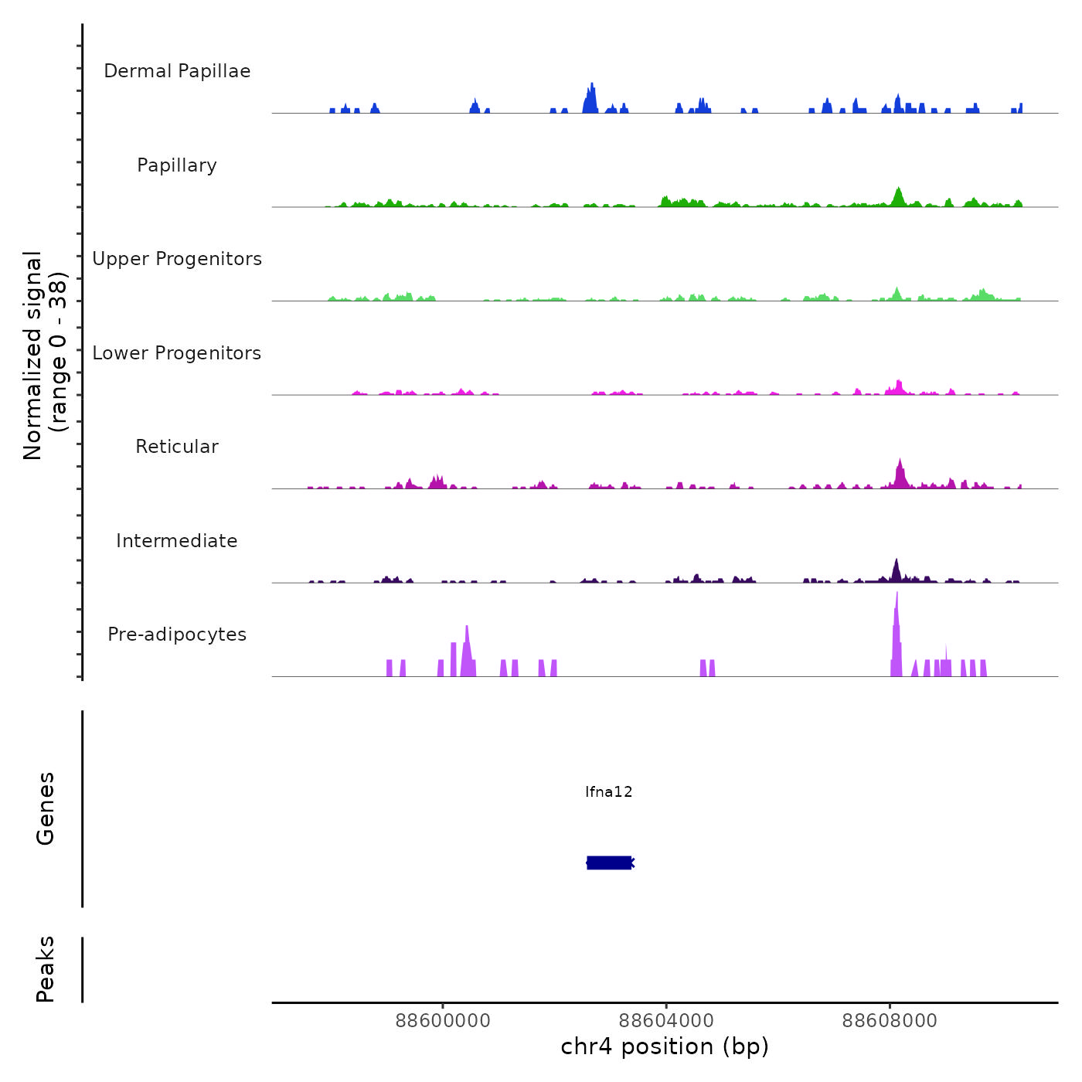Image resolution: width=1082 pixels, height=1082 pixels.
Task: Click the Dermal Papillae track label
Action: (177, 71)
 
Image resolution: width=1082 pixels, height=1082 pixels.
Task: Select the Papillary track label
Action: (177, 165)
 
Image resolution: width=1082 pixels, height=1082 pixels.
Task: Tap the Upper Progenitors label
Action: (177, 259)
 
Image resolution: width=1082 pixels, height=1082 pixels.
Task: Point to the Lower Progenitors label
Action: (177, 353)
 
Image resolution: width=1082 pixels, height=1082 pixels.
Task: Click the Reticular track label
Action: (177, 447)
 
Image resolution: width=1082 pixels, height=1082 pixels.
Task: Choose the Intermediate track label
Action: (177, 541)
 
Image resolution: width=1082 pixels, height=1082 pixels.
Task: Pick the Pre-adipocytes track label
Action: (177, 635)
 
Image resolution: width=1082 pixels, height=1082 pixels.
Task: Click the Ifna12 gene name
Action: (609, 791)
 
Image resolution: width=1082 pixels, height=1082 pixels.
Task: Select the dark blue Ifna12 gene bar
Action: (610, 863)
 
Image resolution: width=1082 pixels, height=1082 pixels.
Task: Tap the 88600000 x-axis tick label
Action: (443, 1021)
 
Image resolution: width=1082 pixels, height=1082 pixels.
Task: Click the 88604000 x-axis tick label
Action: (666, 1021)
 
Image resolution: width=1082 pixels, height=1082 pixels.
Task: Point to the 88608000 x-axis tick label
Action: (890, 1021)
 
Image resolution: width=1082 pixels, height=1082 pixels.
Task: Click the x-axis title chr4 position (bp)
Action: (665, 1046)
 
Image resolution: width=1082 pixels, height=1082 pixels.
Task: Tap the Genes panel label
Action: (46, 808)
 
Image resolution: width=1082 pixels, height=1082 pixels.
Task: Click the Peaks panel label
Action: (46, 969)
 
